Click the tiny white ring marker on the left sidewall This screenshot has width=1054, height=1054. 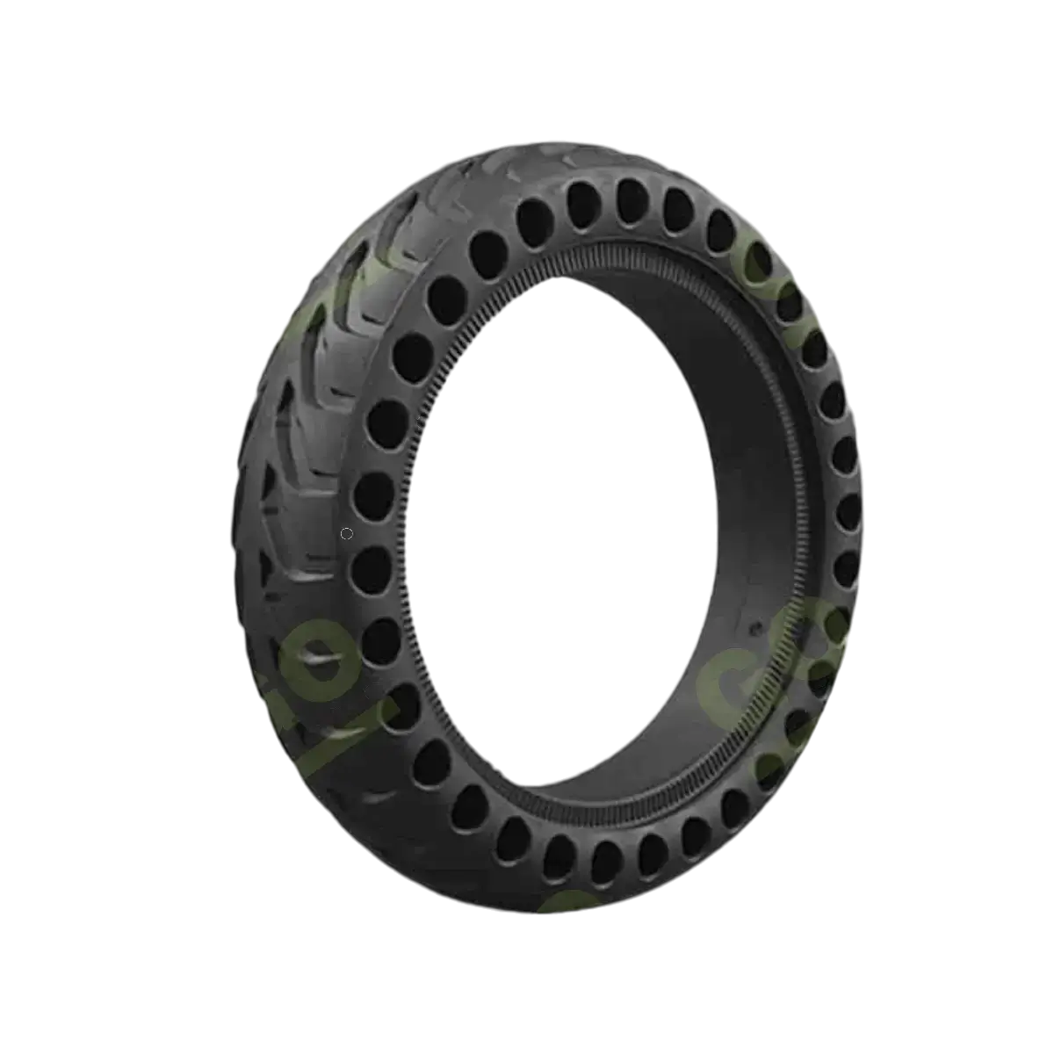[x=347, y=533]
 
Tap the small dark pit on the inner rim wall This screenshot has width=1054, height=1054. [x=752, y=630]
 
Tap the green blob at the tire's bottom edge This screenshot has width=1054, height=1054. [x=562, y=896]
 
